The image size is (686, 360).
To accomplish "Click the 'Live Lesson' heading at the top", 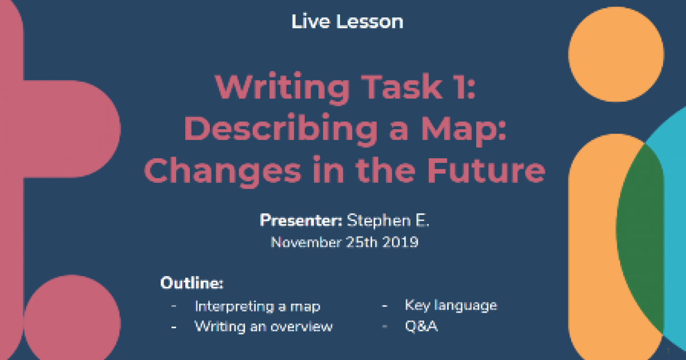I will (347, 22).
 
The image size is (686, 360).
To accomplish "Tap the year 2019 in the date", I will (401, 242).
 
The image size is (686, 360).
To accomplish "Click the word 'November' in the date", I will (306, 242).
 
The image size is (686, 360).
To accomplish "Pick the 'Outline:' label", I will (192, 283).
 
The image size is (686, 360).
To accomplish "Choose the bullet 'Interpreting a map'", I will (257, 306).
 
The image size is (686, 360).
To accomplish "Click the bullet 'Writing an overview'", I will (264, 326).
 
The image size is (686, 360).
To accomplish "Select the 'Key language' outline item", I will (451, 305).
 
